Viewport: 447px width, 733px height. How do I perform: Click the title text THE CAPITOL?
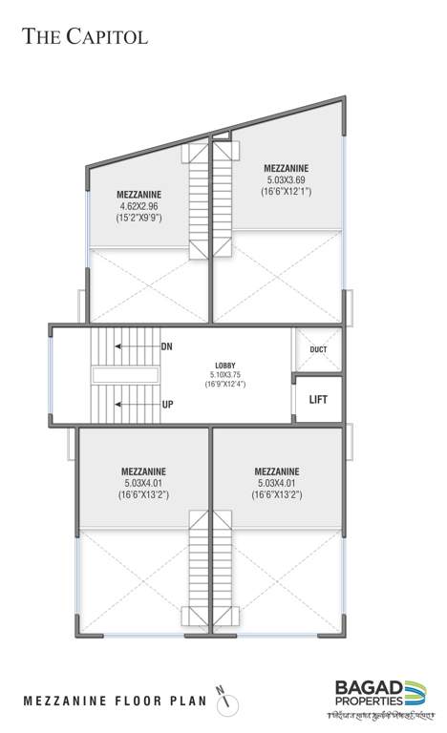click(85, 37)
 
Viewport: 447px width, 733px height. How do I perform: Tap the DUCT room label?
click(319, 349)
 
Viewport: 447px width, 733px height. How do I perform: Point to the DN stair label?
click(166, 346)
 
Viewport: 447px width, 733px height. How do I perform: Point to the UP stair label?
click(167, 405)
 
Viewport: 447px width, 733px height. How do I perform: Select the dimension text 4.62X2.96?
click(138, 205)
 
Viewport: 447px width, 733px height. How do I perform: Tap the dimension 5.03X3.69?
click(287, 179)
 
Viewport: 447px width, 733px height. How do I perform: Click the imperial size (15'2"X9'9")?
click(138, 218)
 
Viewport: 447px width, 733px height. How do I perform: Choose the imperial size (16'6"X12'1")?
click(287, 192)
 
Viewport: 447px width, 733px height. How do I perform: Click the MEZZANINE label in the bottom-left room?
click(144, 471)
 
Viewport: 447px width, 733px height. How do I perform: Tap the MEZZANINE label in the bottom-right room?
click(277, 471)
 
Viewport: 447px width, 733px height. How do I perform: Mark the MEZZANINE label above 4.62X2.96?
click(138, 193)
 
